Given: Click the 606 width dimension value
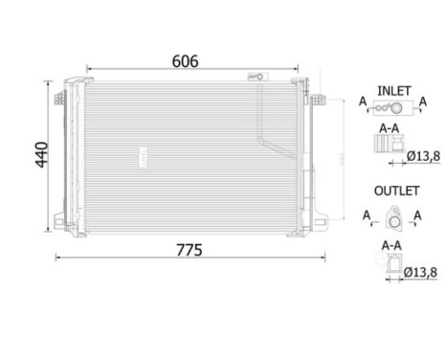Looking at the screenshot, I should [x=185, y=61].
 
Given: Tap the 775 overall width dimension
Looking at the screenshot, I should [x=189, y=250].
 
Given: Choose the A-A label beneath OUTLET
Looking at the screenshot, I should [x=390, y=244].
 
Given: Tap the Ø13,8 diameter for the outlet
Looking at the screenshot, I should [x=421, y=271].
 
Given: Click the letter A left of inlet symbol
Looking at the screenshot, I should [x=363, y=100].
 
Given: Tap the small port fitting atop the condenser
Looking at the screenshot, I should [x=257, y=76].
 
